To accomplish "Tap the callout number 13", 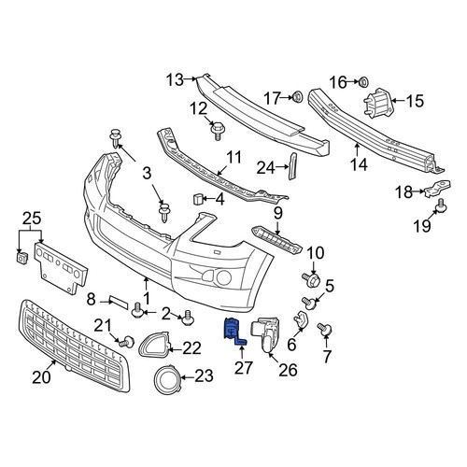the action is point(175,79).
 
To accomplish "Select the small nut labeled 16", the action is point(362,82).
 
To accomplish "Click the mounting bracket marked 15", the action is point(377,103).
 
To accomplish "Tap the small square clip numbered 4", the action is point(198,199).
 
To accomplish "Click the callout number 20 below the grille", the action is point(41,377).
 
